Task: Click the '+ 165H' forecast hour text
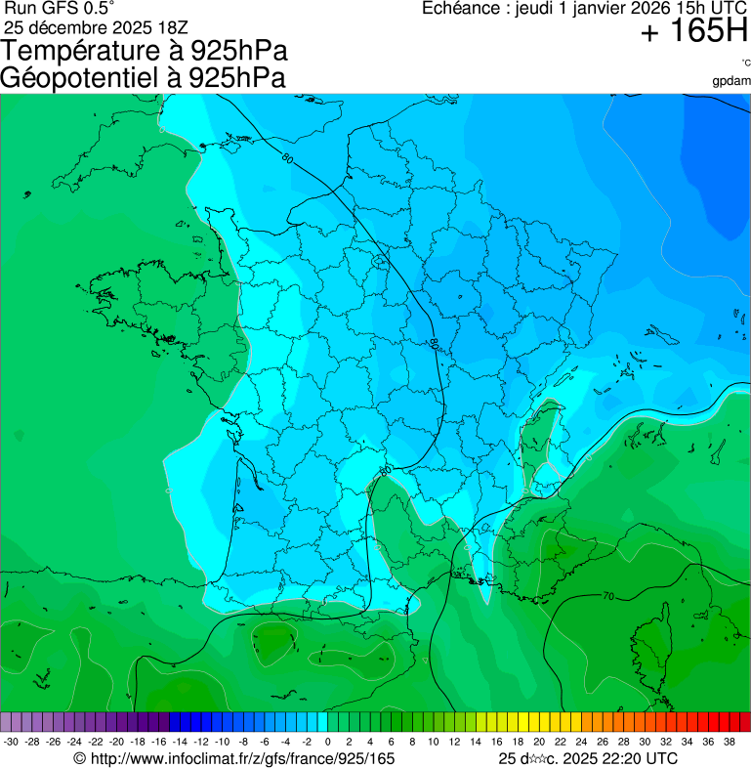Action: pos(693,32)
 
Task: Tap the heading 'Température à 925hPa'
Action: pos(145,51)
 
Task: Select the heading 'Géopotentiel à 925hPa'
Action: pos(143,78)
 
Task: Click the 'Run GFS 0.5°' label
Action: pos(60,8)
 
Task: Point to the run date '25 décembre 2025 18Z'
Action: pos(103,26)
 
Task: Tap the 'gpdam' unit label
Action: pos(731,80)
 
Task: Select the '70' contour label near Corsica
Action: pos(607,595)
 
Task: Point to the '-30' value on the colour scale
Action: pos(11,742)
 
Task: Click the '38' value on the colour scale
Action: pos(730,742)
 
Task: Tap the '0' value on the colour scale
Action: pos(327,742)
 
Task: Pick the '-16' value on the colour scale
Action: pos(159,742)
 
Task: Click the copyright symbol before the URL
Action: pos(80,758)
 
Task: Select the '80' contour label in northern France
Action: pos(287,158)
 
